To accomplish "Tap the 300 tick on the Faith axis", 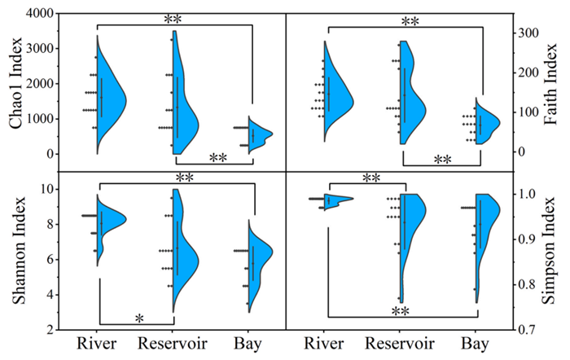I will point(525,33).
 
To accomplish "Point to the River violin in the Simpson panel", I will point(335,199).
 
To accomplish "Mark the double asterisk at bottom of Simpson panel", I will point(401,311).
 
